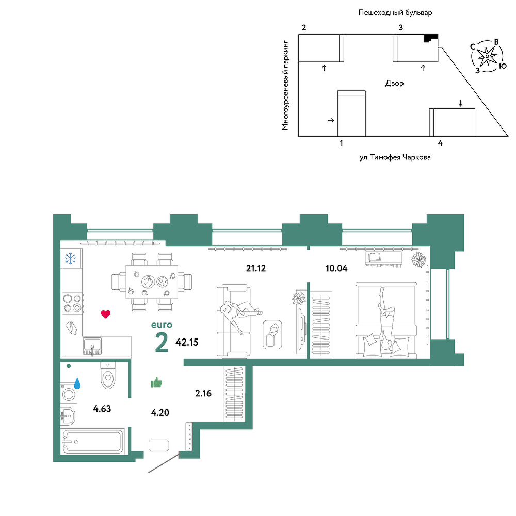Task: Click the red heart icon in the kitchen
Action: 106,314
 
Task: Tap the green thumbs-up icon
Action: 156,382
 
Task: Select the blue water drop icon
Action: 77,383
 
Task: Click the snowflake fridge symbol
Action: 70,259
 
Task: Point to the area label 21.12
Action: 256,268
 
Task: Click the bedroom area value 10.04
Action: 336,268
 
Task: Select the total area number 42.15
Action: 187,342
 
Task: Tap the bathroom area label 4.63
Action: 102,409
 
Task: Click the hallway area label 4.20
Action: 160,412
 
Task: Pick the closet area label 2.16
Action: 203,393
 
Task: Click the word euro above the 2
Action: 162,325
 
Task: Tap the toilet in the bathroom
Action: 108,376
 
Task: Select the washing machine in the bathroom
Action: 69,393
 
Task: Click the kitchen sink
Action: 92,347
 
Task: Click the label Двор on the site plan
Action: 394,83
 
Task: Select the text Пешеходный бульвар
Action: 395,13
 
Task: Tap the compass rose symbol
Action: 487,56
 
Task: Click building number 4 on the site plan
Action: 440,143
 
